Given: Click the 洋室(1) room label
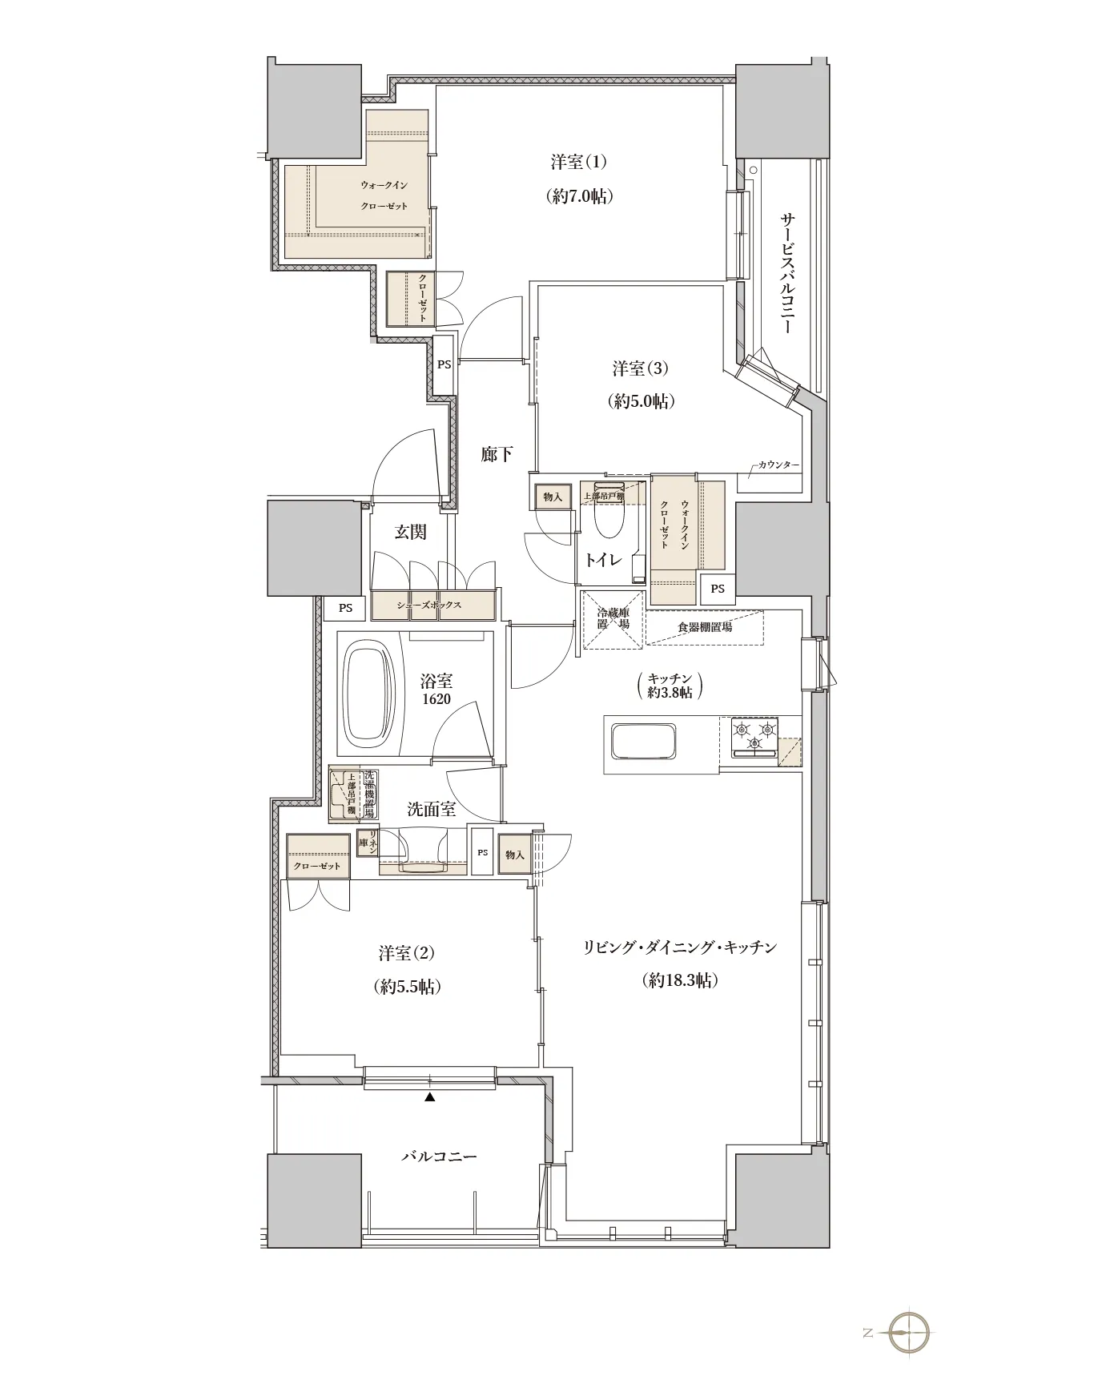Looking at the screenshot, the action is (x=578, y=162).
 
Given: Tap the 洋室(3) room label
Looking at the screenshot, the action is (x=641, y=368).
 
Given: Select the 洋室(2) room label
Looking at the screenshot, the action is (x=407, y=953).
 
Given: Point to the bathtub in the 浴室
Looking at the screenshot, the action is (x=370, y=690).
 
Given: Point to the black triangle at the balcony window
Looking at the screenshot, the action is (x=430, y=1097).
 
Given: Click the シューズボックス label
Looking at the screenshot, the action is (x=429, y=605).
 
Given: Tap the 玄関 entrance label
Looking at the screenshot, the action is (x=410, y=532).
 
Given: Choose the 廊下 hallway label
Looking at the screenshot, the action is (x=497, y=454).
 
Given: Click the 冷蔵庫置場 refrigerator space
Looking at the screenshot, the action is (x=613, y=620).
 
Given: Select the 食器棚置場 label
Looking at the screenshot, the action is (x=705, y=627).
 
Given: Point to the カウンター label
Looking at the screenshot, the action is (x=778, y=465).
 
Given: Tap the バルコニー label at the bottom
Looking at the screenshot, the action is (x=439, y=1157).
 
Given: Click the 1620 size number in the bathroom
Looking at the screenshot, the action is (x=436, y=699).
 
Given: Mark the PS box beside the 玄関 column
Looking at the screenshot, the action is (x=344, y=608).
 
